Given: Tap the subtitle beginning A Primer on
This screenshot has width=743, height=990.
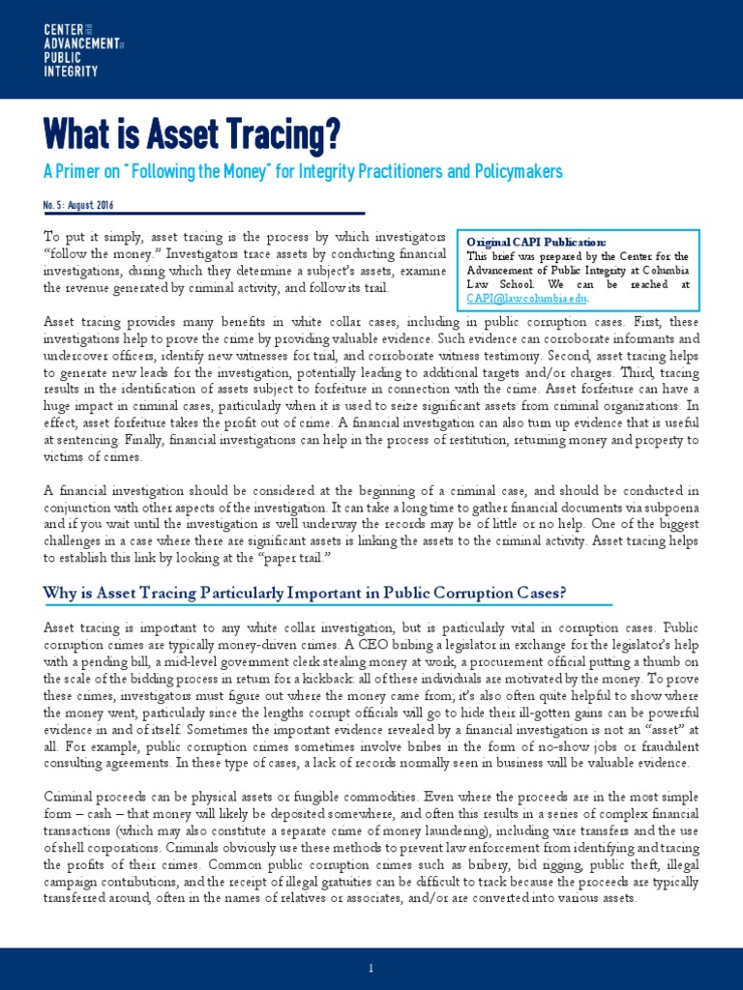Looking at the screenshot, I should coord(303,171).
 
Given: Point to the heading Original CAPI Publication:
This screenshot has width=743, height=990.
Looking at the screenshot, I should coord(536,241).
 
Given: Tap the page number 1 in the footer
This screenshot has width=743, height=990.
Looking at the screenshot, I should coord(371,968).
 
